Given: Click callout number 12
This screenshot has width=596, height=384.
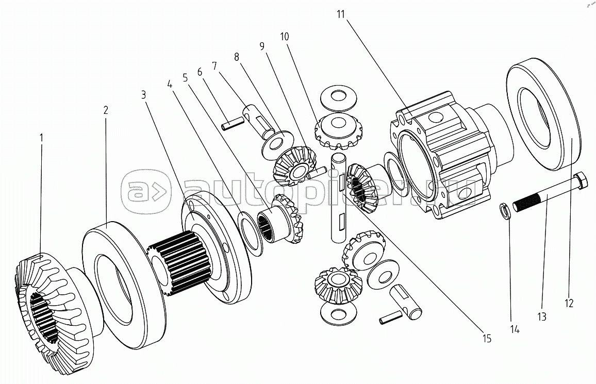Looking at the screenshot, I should point(569,304).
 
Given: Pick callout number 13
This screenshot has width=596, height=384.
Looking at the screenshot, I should point(541,317).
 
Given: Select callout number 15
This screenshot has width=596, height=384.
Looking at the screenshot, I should point(487,339).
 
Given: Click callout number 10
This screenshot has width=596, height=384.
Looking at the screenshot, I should point(285,37).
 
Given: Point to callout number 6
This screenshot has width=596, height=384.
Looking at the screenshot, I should point(199,72).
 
